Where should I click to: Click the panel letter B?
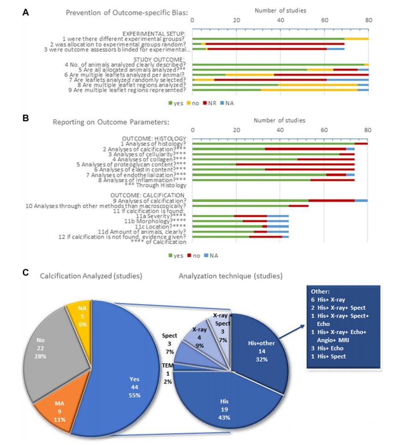click(x=26, y=119)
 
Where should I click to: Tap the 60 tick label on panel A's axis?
click(x=324, y=20)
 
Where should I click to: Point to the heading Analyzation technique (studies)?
click(x=231, y=276)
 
